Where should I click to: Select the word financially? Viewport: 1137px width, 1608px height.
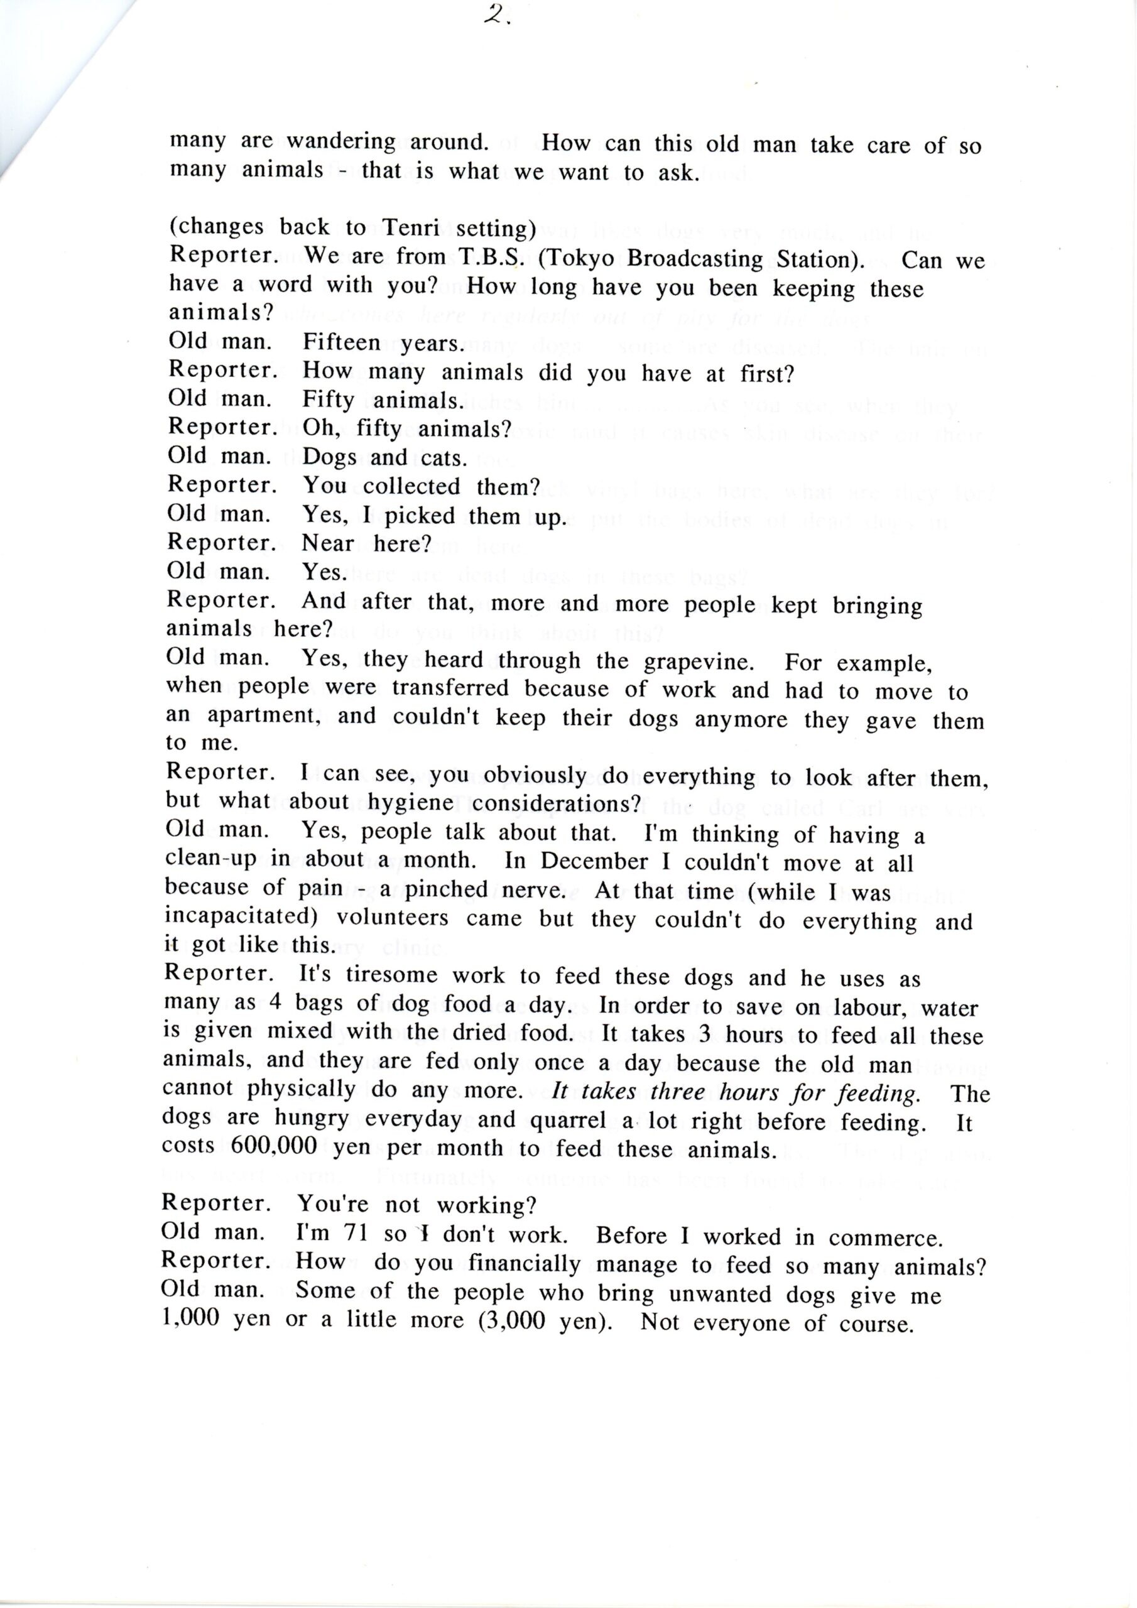(520, 1264)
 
